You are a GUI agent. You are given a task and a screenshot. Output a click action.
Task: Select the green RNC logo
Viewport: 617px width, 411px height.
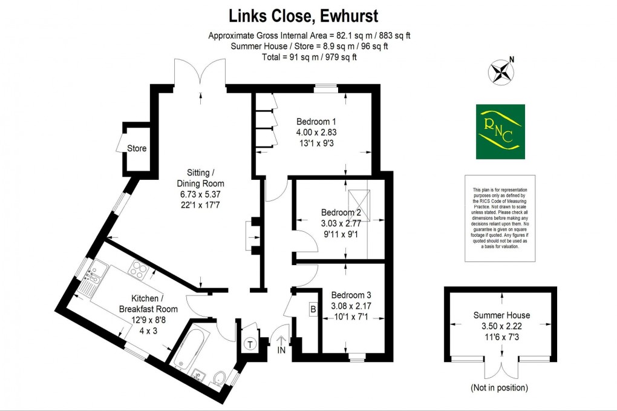pyautogui.click(x=500, y=131)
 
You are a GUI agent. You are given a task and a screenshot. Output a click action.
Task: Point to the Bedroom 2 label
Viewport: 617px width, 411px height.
pyautogui.click(x=341, y=212)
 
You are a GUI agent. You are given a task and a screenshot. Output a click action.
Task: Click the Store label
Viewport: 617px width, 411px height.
pyautogui.click(x=137, y=148)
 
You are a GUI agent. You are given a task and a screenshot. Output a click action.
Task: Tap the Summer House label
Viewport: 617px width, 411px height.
pyautogui.click(x=501, y=315)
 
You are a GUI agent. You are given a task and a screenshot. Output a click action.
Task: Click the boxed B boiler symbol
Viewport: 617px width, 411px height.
pyautogui.click(x=313, y=309)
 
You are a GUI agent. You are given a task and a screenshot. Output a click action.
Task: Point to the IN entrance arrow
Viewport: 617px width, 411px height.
pyautogui.click(x=281, y=345)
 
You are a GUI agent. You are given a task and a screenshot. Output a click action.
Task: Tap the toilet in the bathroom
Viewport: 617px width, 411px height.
pyautogui.click(x=220, y=379)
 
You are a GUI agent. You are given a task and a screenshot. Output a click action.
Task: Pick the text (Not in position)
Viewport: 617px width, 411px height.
pyautogui.click(x=498, y=387)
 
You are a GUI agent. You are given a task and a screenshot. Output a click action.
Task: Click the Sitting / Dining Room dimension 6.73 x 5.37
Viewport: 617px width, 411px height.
pyautogui.click(x=200, y=194)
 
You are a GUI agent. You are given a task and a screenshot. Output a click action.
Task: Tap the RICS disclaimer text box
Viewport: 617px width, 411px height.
pyautogui.click(x=500, y=219)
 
